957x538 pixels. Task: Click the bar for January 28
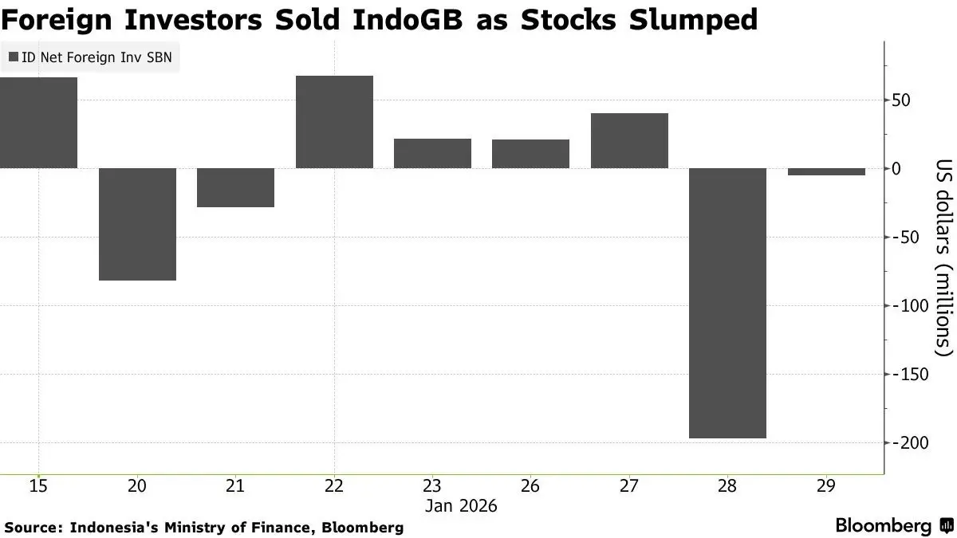(x=727, y=303)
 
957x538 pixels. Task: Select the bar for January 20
(x=137, y=224)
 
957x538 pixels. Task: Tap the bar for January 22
(x=334, y=122)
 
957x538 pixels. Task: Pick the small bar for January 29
(x=826, y=171)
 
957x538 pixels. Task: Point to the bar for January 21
(x=235, y=187)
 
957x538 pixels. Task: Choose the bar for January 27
(x=629, y=140)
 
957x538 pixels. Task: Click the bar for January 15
(x=38, y=123)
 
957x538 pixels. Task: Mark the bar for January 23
(x=432, y=153)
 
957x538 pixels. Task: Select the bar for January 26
(x=530, y=154)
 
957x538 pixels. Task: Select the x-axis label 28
(x=727, y=485)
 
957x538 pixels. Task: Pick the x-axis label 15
(x=38, y=485)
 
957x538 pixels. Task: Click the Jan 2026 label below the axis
(x=461, y=505)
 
